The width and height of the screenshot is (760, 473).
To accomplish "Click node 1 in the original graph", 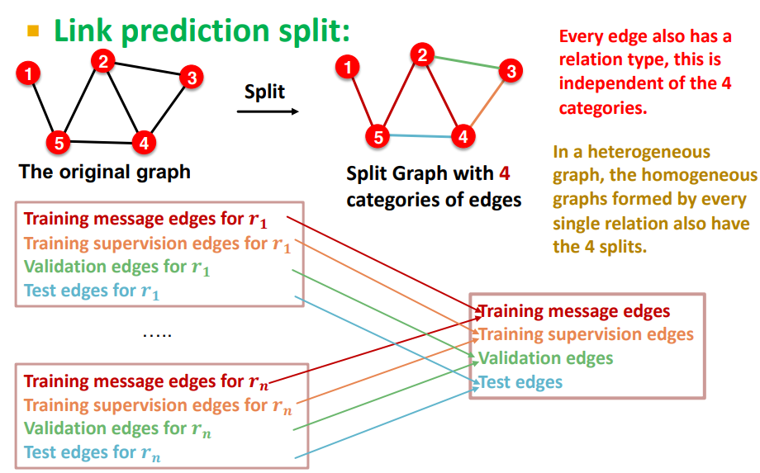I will coord(29,74).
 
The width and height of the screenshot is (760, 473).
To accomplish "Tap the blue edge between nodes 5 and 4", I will coord(420,137).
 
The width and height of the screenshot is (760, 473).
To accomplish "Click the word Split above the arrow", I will coord(264,91).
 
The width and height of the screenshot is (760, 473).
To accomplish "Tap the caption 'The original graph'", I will coord(104,173).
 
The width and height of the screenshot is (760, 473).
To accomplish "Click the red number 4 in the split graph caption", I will coord(504,174).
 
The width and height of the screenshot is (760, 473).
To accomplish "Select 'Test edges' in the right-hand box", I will coord(520,382).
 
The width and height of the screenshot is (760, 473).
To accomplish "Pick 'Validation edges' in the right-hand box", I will coord(545,358).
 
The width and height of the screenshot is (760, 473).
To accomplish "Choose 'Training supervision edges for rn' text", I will coord(157,405).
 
